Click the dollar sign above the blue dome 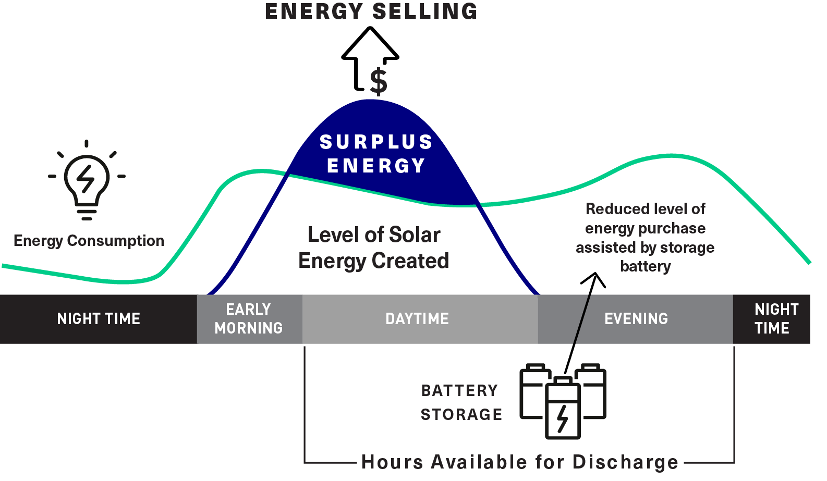pyautogui.click(x=379, y=82)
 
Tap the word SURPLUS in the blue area pyautogui.click(x=376, y=142)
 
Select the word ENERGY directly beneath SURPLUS pyautogui.click(x=376, y=166)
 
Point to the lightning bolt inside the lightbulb pyautogui.click(x=86, y=179)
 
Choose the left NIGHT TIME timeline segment pyautogui.click(x=99, y=319)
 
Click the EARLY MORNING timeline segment pyautogui.click(x=249, y=319)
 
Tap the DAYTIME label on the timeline pyautogui.click(x=417, y=319)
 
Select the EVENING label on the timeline pyautogui.click(x=636, y=319)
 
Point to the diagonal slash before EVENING pyautogui.click(x=581, y=319)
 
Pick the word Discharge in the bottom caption pyautogui.click(x=626, y=462)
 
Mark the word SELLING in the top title pyautogui.click(x=425, y=12)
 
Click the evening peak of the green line pyautogui.click(x=671, y=155)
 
